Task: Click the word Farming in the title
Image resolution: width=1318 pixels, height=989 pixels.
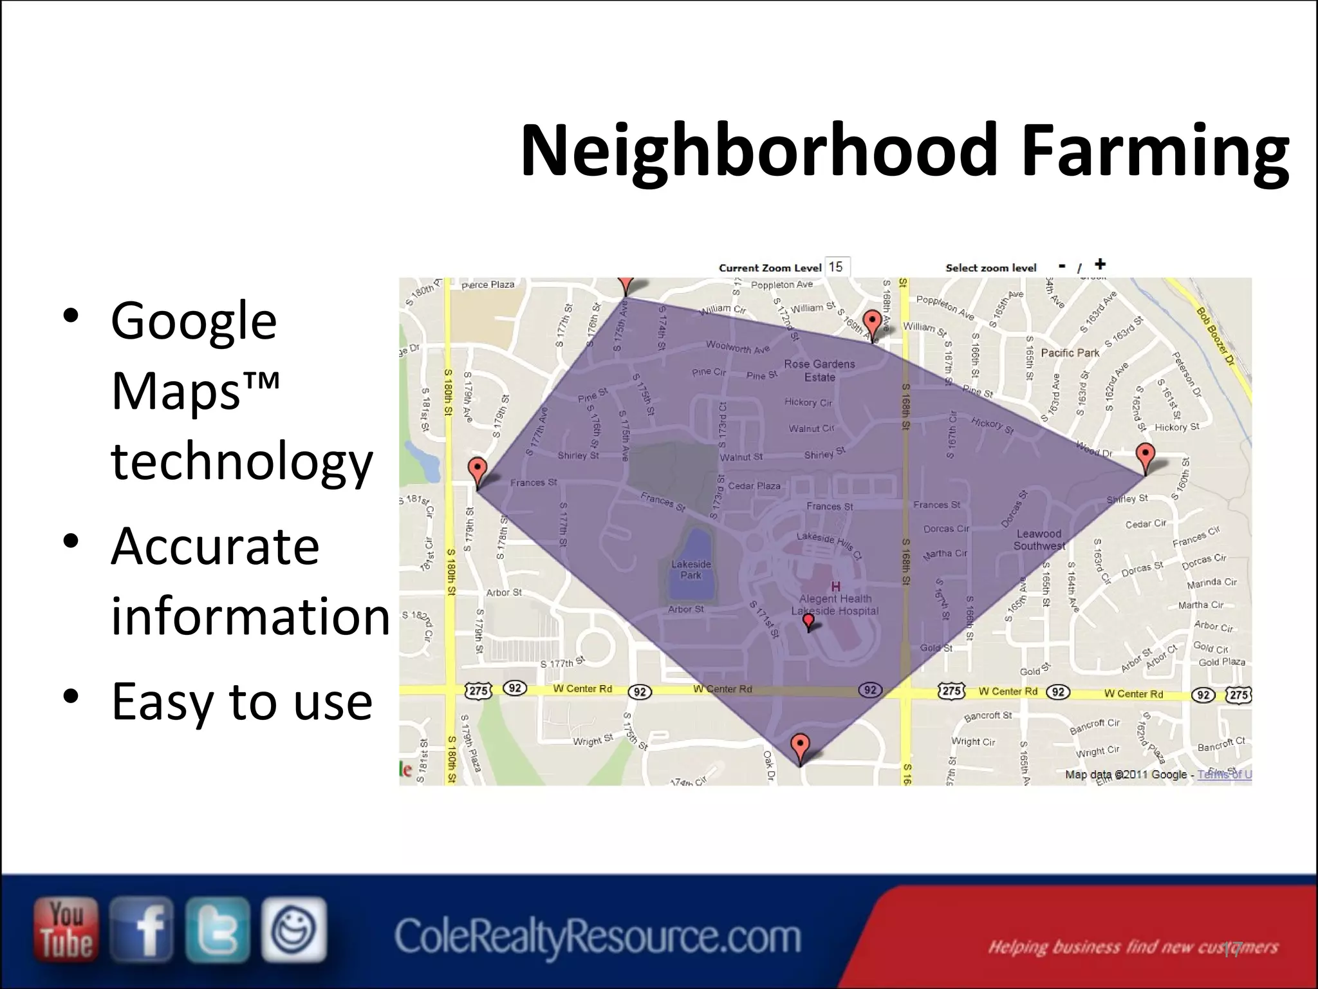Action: pos(1155,152)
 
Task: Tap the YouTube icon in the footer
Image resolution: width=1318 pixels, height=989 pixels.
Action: pos(66,929)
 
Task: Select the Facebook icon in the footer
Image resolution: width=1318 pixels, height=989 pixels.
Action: pos(142,929)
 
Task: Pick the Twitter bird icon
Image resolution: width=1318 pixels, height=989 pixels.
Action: pos(218,929)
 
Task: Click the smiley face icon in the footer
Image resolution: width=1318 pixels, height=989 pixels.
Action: pos(294,929)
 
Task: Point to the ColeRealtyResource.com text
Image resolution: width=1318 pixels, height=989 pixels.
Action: pos(597,937)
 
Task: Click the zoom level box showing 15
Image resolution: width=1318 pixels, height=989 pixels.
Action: pos(837,267)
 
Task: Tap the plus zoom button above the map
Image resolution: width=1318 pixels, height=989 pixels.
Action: pos(1100,264)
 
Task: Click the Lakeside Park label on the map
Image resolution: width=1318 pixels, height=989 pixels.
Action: pos(691,570)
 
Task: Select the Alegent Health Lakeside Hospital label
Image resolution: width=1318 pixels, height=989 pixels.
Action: pos(835,605)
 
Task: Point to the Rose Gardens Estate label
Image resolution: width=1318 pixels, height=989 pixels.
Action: pos(819,371)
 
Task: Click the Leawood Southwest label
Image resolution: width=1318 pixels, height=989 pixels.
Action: pos(1039,540)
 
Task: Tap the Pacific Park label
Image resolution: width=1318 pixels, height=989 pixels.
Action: pos(1070,353)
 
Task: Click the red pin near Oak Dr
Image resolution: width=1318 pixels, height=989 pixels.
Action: pos(800,748)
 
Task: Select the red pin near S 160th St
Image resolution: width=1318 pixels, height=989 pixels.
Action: pos(1145,456)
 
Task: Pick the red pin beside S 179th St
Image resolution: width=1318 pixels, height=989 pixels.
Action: pos(477,470)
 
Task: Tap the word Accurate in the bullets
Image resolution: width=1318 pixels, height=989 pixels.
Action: pos(215,546)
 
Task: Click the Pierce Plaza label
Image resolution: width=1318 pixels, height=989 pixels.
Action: pos(488,285)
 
